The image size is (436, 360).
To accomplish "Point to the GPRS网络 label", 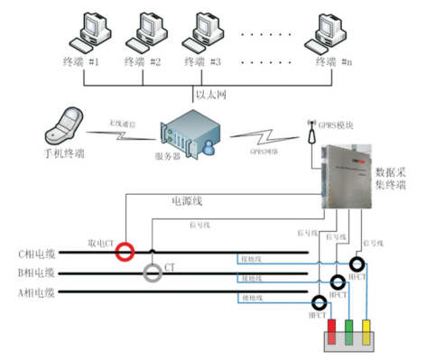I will tap(265, 152).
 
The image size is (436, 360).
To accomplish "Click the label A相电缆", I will tap(37, 292).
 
